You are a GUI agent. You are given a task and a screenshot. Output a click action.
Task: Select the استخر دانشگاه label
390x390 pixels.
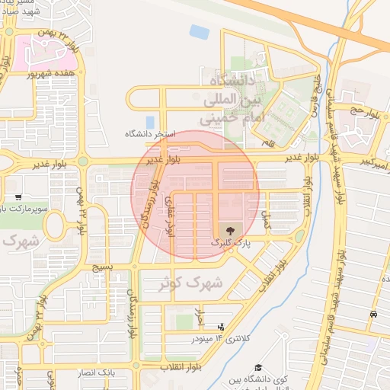(151, 134)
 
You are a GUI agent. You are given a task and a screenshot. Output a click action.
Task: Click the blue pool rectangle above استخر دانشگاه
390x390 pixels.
(150, 122)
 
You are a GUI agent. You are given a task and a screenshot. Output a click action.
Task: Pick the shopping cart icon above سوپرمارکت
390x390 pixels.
(18, 197)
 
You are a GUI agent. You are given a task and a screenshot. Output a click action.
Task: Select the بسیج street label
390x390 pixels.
(101, 268)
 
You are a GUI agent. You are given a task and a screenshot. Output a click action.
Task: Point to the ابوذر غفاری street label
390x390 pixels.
(170, 213)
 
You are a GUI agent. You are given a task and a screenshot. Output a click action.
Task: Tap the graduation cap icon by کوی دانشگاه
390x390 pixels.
(259, 367)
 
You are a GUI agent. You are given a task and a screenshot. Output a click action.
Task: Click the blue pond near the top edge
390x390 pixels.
(200, 32)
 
